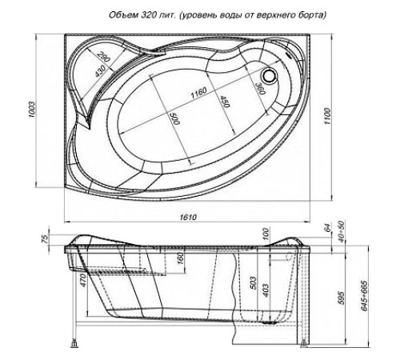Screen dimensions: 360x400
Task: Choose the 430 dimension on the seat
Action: (x=102, y=73)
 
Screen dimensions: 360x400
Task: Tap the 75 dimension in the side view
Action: (x=47, y=238)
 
